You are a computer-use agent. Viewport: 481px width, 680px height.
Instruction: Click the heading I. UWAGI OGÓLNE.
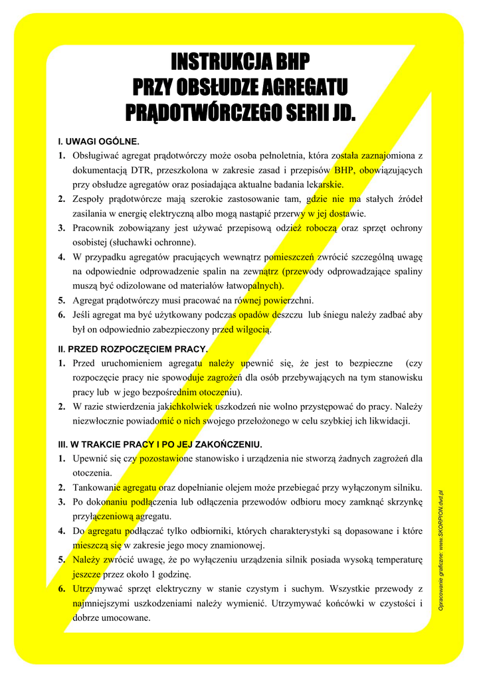98,141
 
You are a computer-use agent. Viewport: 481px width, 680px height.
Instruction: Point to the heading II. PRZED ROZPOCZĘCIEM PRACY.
133,349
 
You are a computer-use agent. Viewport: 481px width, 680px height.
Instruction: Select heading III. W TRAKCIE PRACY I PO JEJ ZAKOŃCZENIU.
160,444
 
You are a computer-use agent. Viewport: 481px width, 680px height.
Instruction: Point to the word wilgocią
252,330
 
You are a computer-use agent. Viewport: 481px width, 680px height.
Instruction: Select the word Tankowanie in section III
96,487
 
